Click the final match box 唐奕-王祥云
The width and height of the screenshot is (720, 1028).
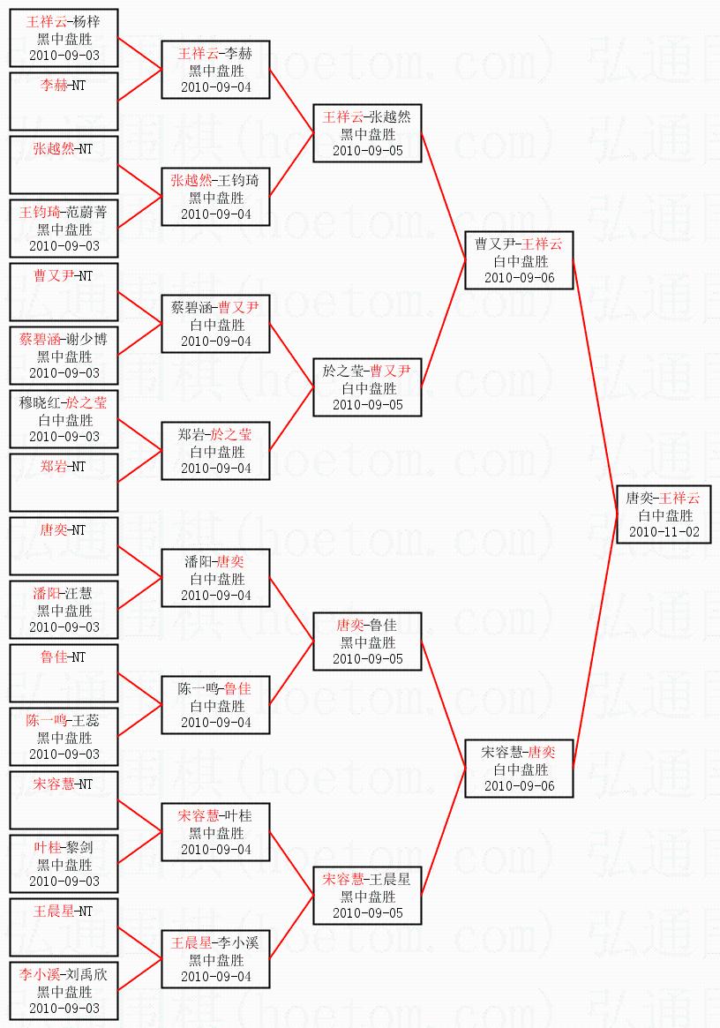click(664, 514)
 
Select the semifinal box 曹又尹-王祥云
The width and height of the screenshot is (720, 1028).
click(519, 260)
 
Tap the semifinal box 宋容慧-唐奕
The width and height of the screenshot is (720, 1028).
click(519, 769)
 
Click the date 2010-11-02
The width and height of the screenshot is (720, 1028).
click(664, 532)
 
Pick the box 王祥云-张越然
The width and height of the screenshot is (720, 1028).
click(367, 133)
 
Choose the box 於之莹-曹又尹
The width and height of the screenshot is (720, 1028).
click(367, 387)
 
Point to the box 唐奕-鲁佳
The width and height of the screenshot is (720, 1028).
click(367, 642)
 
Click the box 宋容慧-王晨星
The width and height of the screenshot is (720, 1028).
click(367, 896)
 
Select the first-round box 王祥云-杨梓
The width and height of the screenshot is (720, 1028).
click(64, 38)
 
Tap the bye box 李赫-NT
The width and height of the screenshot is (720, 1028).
click(64, 101)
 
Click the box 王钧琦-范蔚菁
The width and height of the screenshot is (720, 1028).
click(64, 229)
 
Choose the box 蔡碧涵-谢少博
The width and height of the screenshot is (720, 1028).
click(64, 356)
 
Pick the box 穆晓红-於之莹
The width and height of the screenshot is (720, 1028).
click(64, 419)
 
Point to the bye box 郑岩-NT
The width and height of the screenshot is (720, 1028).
click(64, 483)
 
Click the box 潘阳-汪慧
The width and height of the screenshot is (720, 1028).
click(64, 610)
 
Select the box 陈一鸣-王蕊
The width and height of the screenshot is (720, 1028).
click(64, 736)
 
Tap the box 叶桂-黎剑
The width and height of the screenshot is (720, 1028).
click(64, 864)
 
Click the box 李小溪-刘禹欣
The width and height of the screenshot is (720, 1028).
click(64, 991)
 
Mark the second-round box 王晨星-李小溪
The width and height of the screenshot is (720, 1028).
click(216, 959)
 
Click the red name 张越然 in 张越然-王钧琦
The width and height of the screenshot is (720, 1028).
click(191, 180)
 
